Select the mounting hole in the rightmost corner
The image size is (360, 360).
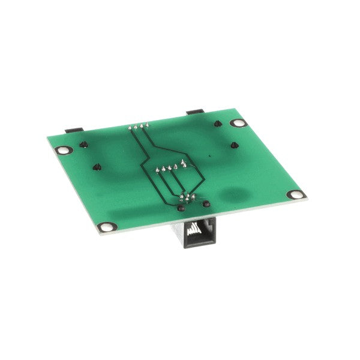tap(295, 194)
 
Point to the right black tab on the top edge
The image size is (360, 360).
tap(196, 112)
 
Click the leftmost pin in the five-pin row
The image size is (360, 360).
tap(158, 169)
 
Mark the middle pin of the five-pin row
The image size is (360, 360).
tap(171, 166)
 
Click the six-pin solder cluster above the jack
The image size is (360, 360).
tap(187, 199)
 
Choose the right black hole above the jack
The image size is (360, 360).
tap(207, 204)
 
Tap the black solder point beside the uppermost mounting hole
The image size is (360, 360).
tap(218, 124)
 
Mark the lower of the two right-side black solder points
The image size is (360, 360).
tap(231, 145)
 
